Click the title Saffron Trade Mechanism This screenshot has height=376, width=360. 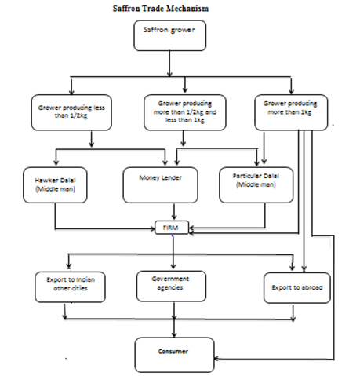pos(161,9)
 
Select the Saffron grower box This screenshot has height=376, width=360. pos(169,35)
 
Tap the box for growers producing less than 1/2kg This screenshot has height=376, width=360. pos(71,112)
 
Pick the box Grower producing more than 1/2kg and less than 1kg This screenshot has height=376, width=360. pos(185,112)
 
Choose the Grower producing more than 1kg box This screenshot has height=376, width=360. pos(291,112)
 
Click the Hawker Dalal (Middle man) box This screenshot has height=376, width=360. pos(55,185)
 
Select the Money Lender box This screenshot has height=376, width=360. pos(160,185)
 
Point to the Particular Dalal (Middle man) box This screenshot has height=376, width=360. pos(256,185)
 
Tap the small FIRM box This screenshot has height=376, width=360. pos(172,228)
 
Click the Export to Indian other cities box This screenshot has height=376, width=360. pos(70,287)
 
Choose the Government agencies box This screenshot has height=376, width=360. pos(171,287)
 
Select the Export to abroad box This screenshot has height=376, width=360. pos(297,288)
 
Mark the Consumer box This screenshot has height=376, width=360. pos(174,355)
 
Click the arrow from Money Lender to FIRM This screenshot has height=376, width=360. pos(174,211)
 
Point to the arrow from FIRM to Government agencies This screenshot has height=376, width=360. pos(173,252)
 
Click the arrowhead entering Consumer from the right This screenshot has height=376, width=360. pos(216,359)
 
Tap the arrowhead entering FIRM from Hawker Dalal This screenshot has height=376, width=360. pos(153,229)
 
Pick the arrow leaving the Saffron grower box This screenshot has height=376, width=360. pos(169,64)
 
